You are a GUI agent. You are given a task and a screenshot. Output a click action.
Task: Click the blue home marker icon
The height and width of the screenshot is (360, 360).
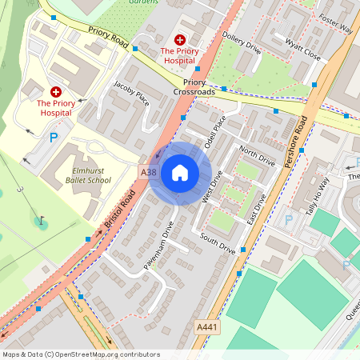coord(180,173)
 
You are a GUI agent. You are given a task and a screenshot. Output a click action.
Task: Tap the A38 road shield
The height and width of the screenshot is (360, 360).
coord(149,171)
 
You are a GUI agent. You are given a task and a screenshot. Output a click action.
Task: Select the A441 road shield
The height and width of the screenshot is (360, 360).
coord(206,327)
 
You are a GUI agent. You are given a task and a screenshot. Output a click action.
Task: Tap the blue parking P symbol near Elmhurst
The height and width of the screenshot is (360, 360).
coord(54,138)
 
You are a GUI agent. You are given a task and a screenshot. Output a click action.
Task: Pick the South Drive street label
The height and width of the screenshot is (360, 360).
coord(218,244)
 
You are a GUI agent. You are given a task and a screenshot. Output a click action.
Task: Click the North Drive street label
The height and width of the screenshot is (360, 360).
coord(257,157)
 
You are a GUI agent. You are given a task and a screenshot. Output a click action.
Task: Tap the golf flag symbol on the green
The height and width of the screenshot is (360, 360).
coord(41,218)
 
